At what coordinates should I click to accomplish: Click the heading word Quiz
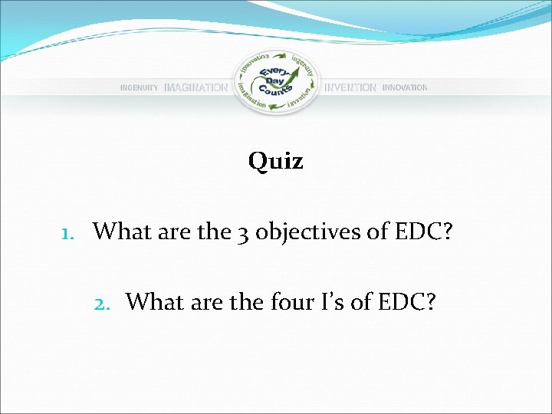pos(275,162)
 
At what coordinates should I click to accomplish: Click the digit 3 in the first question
pos(242,232)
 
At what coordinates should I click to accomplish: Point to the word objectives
pos(304,232)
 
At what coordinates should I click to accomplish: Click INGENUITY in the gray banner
pos(139,88)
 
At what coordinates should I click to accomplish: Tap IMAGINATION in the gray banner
pos(195,88)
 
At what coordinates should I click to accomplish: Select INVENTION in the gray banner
pos(350,88)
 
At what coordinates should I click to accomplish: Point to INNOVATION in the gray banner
pos(405,88)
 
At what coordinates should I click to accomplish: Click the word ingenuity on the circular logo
pos(302,62)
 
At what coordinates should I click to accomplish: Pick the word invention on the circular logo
pos(301,100)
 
